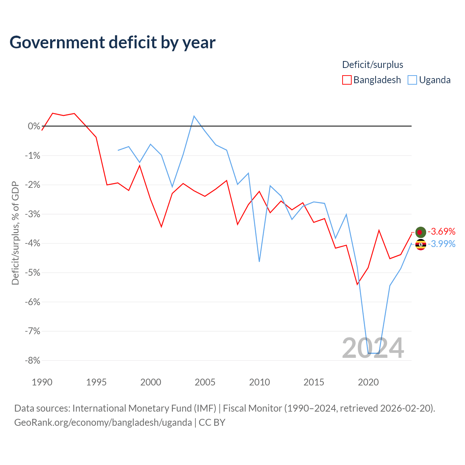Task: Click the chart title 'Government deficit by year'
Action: tap(112, 43)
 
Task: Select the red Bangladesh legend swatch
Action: tap(347, 80)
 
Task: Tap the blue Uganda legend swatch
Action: tap(412, 80)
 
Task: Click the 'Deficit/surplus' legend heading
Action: tap(373, 65)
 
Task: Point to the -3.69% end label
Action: tap(441, 231)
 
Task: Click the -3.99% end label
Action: tap(441, 244)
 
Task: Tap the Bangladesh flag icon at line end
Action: tap(421, 232)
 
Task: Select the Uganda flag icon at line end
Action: tap(421, 245)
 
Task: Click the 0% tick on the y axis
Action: tap(34, 126)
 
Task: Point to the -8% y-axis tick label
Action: tap(33, 360)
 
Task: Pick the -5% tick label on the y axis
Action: tap(33, 273)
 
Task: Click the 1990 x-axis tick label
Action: tap(42, 382)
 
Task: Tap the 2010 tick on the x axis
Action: tap(259, 382)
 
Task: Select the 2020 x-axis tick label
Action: tap(368, 382)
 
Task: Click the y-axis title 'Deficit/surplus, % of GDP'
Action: tap(15, 233)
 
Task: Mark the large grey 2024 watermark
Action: tap(373, 348)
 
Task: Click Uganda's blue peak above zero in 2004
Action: tap(194, 116)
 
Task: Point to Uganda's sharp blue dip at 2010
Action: tap(259, 261)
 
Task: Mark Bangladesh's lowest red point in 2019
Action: tap(357, 284)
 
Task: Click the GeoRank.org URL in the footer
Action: tap(103, 422)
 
